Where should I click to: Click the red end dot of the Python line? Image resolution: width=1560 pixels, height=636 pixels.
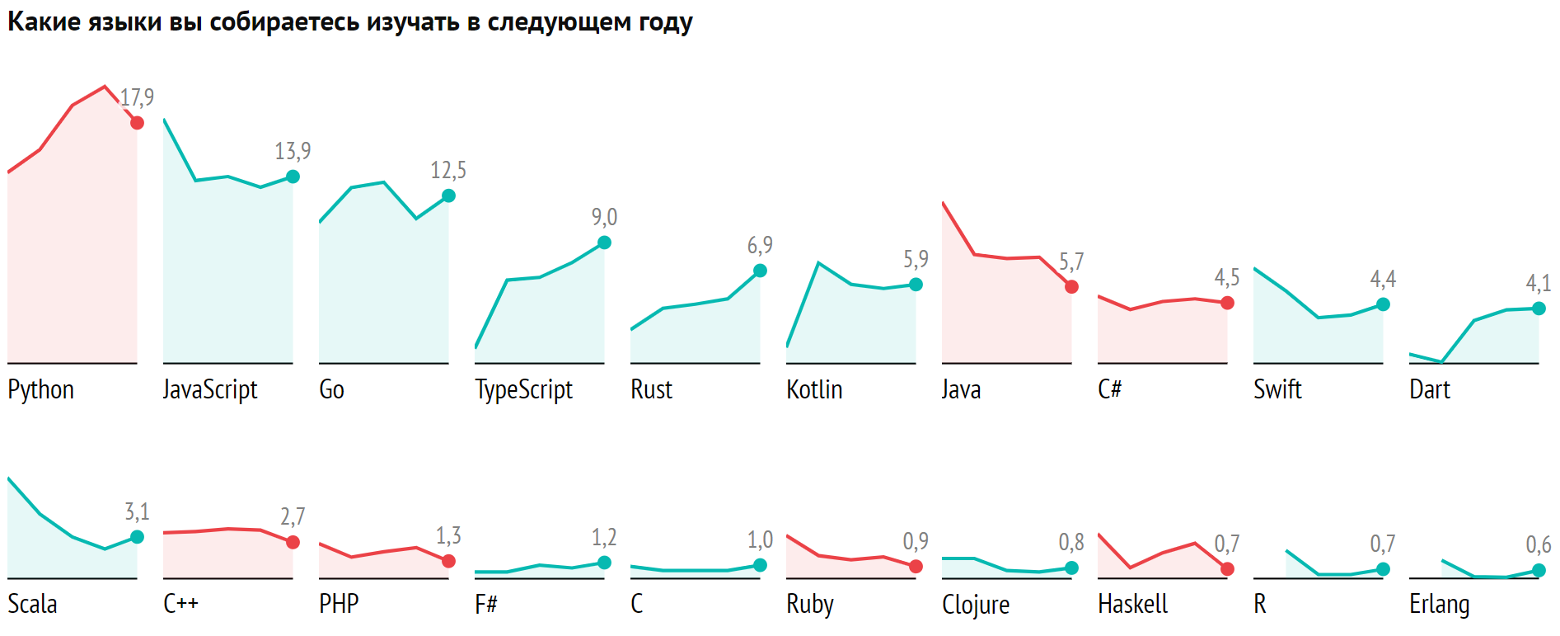click(137, 123)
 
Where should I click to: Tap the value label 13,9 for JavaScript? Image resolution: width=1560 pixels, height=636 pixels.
click(293, 151)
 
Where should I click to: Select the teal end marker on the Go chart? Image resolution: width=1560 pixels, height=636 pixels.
click(448, 196)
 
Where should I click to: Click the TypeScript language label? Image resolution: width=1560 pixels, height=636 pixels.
click(523, 389)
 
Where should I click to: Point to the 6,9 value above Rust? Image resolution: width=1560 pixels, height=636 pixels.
click(760, 245)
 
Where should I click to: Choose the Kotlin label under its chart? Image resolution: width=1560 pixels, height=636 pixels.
click(814, 389)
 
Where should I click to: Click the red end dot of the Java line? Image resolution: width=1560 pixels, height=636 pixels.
click(1071, 287)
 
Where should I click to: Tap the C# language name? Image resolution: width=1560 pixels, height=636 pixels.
click(1109, 389)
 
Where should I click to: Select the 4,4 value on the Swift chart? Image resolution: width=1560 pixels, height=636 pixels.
click(1383, 280)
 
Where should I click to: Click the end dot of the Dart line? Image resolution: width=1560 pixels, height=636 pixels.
click(1539, 309)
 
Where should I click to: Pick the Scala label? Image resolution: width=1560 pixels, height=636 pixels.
click(32, 604)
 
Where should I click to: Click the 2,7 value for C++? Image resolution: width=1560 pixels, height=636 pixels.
click(293, 516)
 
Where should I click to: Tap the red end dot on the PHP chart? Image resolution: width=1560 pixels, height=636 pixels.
click(448, 561)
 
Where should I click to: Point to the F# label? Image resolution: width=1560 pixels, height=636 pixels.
click(486, 604)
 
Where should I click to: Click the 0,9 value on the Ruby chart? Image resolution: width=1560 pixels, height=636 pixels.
click(916, 541)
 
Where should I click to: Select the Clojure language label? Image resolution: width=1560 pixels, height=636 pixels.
click(976, 605)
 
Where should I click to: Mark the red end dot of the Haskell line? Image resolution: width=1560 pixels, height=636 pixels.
click(1227, 569)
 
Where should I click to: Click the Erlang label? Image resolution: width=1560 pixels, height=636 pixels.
click(1439, 605)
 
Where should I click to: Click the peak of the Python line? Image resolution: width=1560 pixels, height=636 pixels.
click(104, 87)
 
